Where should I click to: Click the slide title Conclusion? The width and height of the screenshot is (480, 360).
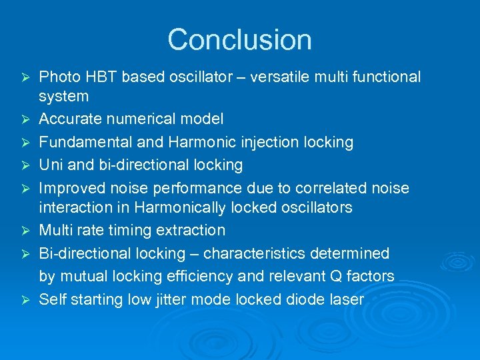tap(239, 40)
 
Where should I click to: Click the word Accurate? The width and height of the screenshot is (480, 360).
tap(70, 119)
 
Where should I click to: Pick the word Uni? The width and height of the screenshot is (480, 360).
tap(51, 165)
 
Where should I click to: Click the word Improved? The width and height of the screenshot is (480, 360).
tap(70, 188)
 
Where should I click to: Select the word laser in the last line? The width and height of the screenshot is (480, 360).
tap(346, 299)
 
